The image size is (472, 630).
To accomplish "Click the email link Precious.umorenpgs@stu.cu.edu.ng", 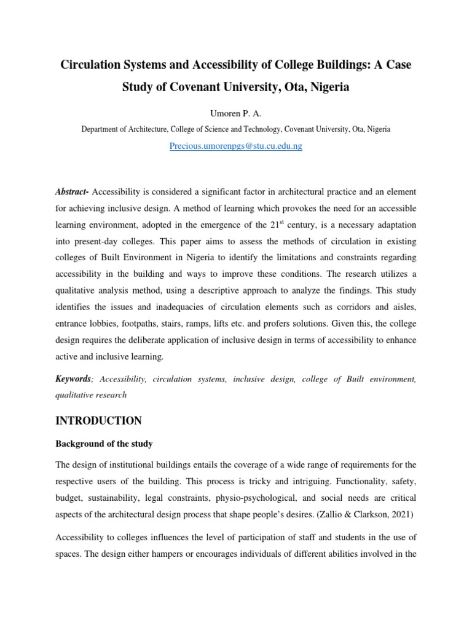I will click(x=235, y=146).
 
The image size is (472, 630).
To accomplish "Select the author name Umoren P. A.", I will click(x=236, y=114).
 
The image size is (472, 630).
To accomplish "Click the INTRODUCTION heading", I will click(x=98, y=421).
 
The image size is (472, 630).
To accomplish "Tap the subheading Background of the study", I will click(x=104, y=444).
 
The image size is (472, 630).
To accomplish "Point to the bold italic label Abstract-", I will click(x=73, y=193).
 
